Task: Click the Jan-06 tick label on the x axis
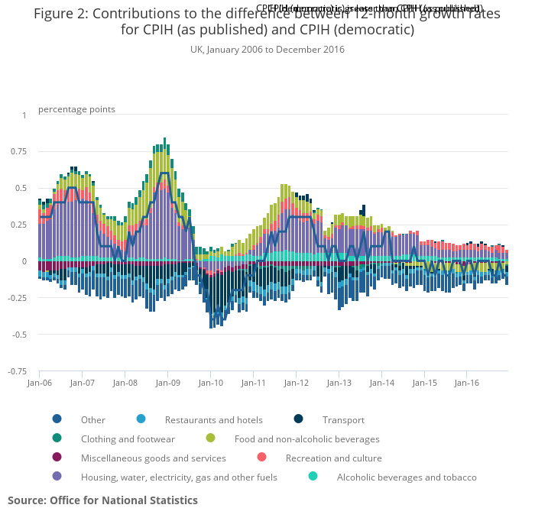[39, 383]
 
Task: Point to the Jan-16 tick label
[468, 383]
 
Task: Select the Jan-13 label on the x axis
[339, 383]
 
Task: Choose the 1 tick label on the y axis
[24, 115]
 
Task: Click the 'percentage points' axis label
[76, 109]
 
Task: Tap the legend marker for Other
[57, 419]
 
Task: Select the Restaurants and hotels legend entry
[213, 419]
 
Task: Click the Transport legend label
[342, 419]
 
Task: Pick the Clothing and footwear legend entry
[128, 439]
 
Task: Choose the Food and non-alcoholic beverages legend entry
[306, 439]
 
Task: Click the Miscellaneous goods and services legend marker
[57, 458]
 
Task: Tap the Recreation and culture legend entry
[333, 458]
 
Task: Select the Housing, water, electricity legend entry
[179, 477]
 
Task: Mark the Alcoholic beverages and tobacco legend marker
[313, 477]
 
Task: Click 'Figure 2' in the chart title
[63, 15]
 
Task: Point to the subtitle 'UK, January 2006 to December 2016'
[267, 50]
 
